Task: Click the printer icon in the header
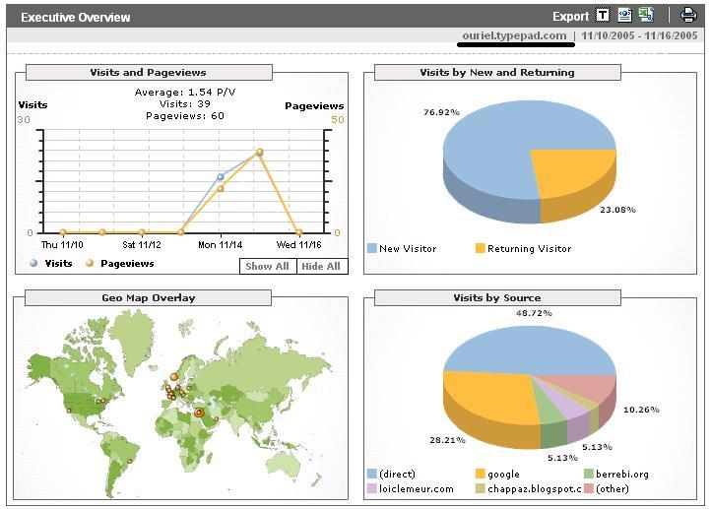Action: point(689,15)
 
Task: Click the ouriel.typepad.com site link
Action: point(514,35)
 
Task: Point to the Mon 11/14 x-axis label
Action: point(222,244)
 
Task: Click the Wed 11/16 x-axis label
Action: point(299,244)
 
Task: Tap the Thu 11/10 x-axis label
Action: point(62,244)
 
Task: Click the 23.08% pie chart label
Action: point(617,210)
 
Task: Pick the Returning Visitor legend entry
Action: point(529,249)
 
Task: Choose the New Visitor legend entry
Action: point(407,249)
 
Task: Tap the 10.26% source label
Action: point(641,410)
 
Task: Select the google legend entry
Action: point(503,475)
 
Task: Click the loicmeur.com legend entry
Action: point(416,488)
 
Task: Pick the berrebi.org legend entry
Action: point(622,475)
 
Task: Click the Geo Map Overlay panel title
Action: point(149,297)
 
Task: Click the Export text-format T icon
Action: point(603,15)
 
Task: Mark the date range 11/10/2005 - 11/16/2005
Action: point(639,35)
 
